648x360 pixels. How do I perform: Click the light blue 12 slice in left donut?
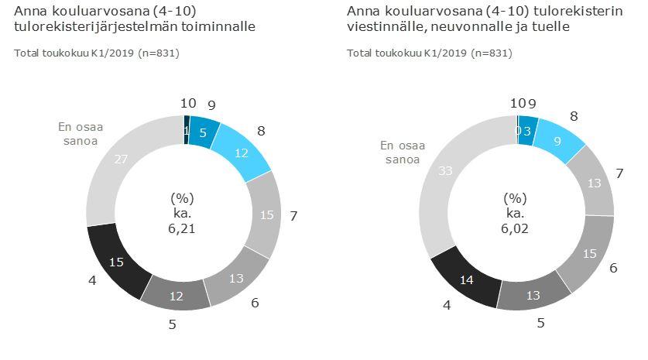(x=241, y=153)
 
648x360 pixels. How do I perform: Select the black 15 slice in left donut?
(x=117, y=261)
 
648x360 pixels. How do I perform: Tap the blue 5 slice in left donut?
(x=202, y=131)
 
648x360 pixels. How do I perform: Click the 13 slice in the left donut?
(x=237, y=277)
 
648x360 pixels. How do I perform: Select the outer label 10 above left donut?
(x=187, y=102)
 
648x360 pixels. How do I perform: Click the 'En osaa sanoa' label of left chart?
(x=81, y=135)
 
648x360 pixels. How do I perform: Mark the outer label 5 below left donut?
(x=172, y=324)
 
